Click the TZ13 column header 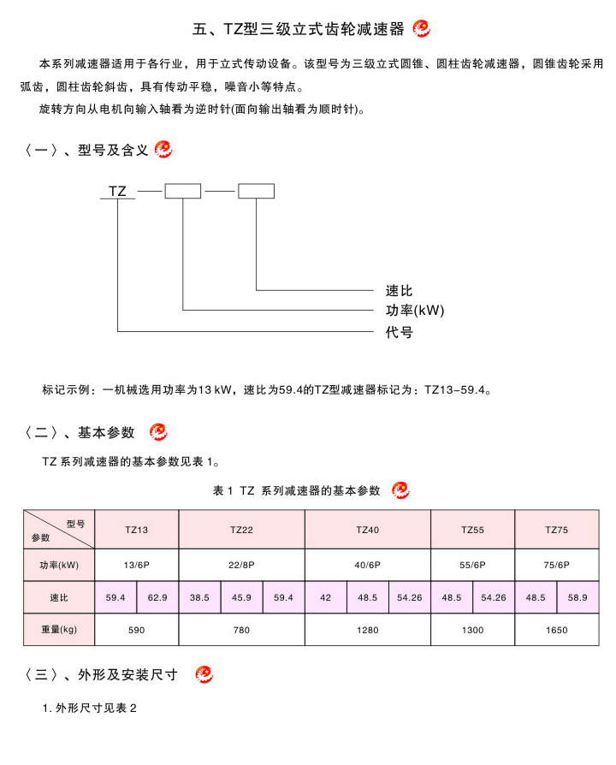137,531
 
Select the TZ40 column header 368,531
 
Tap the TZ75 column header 557,531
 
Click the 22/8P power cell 242,565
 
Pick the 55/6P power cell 473,565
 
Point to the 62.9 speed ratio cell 158,597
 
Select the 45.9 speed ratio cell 242,597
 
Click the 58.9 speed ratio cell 577,597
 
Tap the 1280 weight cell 368,630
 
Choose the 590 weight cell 137,630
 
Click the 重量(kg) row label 59,630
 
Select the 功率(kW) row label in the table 59,565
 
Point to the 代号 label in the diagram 399,332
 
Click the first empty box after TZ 182,191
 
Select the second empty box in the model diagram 256,191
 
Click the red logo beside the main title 422,29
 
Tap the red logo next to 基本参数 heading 158,431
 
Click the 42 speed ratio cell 326,597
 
